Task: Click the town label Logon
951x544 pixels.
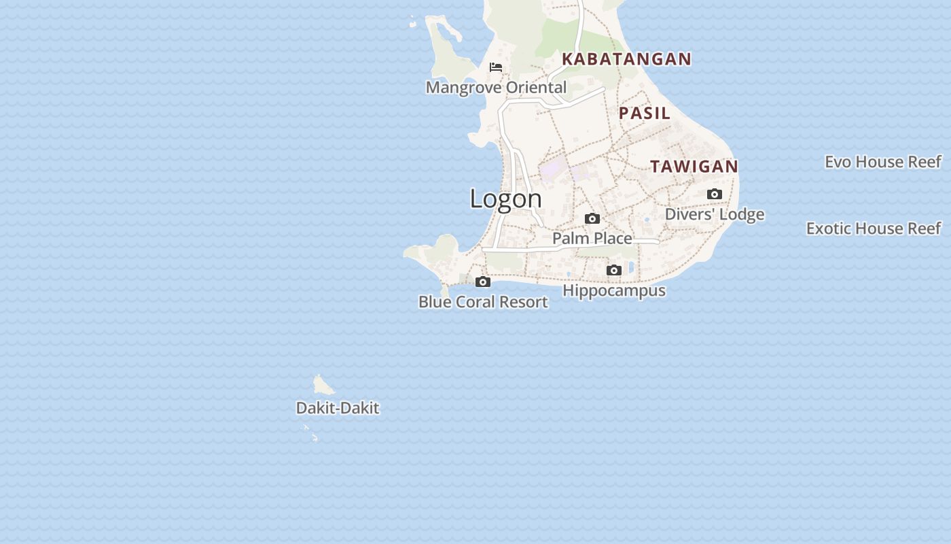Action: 506,199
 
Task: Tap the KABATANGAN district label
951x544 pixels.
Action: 626,59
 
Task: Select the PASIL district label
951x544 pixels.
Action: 644,113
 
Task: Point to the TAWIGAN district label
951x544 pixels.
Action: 694,167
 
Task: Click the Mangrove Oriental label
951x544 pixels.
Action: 496,88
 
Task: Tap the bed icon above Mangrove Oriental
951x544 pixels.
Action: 496,67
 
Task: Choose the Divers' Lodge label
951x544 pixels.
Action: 714,214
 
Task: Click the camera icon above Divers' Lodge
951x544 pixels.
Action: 714,194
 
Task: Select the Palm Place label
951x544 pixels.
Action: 592,238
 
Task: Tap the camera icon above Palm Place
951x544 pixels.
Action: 592,219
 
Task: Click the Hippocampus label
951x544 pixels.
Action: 614,290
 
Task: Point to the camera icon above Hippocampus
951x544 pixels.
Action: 614,271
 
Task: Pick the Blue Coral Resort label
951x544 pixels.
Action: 483,302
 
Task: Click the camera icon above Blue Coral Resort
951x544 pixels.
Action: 483,282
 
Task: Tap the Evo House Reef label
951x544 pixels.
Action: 882,162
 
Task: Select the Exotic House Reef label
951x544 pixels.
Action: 873,228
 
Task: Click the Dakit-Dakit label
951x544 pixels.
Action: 338,408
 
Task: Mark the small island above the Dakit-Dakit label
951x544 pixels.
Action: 322,386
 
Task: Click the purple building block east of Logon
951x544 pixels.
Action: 552,167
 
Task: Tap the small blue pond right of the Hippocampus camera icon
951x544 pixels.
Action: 631,267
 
